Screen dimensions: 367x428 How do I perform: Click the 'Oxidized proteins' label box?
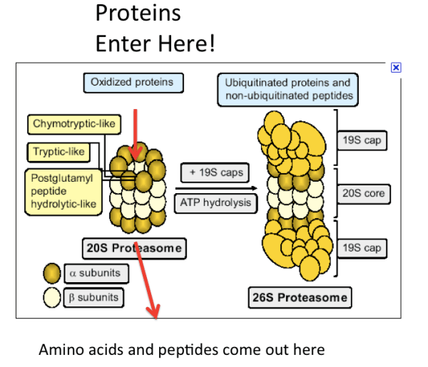(x=132, y=83)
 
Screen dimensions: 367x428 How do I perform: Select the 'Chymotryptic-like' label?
(x=73, y=125)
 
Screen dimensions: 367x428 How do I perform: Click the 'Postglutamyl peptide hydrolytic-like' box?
(x=63, y=190)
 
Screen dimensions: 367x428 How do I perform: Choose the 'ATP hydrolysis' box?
(x=215, y=202)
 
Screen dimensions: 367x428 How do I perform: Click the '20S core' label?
(x=363, y=194)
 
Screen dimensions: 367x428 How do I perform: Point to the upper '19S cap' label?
(x=362, y=140)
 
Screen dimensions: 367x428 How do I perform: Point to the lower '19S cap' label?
(x=362, y=248)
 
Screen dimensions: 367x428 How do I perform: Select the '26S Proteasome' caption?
(x=300, y=297)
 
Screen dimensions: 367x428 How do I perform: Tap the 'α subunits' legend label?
(x=96, y=272)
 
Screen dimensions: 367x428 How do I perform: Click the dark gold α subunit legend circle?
(x=53, y=272)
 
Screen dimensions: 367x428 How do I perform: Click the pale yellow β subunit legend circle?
(x=53, y=297)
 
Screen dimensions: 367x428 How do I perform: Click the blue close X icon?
(x=396, y=67)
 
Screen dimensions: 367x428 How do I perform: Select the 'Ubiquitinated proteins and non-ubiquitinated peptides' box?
(x=287, y=89)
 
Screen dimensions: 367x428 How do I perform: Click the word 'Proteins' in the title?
(x=138, y=12)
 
